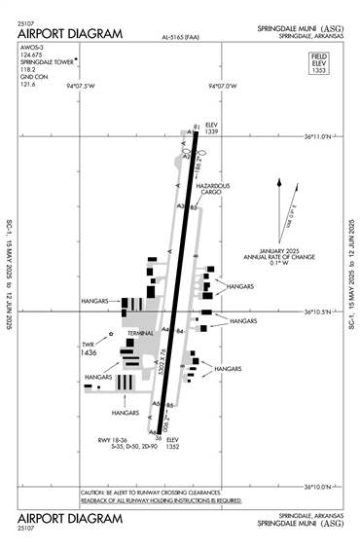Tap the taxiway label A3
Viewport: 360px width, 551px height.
pos(181,206)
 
